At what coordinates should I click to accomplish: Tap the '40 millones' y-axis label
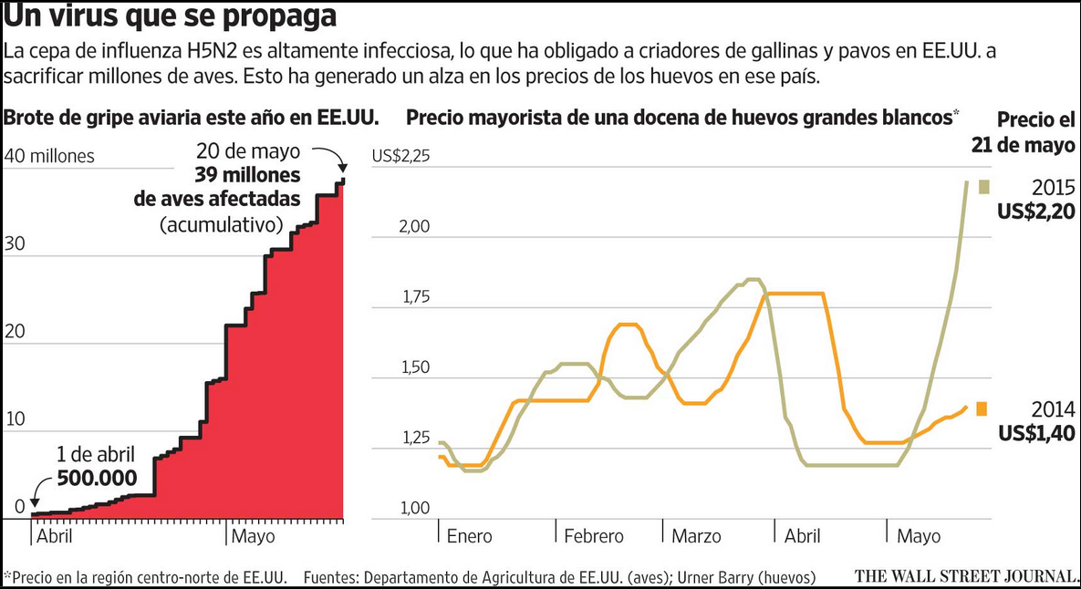point(49,156)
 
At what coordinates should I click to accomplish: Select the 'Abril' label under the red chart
point(54,536)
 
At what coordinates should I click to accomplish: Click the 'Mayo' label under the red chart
point(253,536)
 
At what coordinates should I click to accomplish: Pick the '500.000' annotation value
point(97,478)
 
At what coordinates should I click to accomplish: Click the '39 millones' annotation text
point(245,175)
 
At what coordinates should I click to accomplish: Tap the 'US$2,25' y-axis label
point(400,156)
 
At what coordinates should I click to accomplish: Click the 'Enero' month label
point(469,536)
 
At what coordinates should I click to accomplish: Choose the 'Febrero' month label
point(593,536)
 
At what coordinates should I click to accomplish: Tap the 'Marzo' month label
point(696,536)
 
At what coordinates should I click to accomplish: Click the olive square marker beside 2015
point(984,187)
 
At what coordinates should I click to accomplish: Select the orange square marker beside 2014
point(982,408)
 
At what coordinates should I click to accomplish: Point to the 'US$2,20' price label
point(1036,212)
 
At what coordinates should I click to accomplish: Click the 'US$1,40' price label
point(1036,434)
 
